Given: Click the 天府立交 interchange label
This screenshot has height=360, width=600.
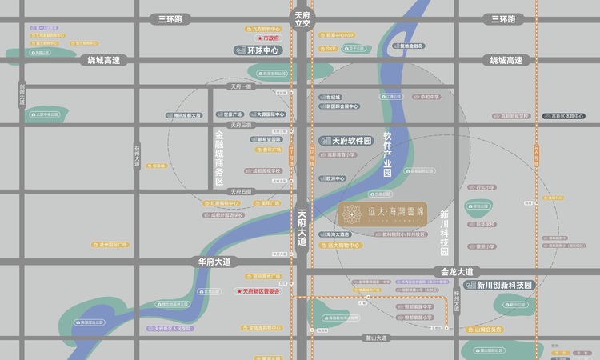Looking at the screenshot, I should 302,19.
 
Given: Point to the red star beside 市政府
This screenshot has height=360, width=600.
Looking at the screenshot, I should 259,38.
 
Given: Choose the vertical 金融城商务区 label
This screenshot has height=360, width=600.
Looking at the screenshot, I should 218,158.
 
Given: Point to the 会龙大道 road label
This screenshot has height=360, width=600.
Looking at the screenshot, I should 457,272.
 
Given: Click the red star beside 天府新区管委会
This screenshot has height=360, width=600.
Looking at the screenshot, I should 238,291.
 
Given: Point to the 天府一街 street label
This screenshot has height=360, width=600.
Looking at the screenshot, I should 241,86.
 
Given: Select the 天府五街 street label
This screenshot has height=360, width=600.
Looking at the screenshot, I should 241,191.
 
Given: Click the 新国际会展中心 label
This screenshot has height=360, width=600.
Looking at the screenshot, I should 341,106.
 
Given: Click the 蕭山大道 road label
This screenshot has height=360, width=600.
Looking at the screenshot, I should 374,338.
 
